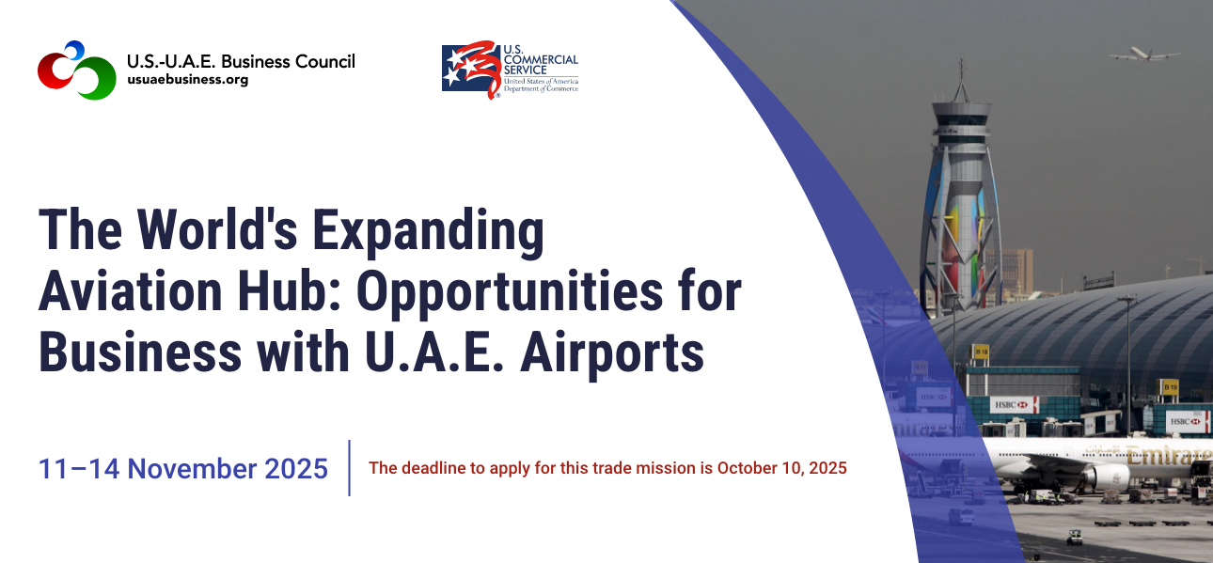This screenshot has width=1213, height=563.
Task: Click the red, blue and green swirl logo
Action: (76, 70)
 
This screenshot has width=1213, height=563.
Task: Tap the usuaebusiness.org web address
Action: (187, 80)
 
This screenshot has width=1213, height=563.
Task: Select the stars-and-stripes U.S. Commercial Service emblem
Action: (471, 70)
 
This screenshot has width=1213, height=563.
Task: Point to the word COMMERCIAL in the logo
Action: (541, 59)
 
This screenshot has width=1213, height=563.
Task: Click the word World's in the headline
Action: (216, 230)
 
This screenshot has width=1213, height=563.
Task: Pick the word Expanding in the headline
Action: (428, 233)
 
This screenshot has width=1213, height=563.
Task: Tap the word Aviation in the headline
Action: (131, 291)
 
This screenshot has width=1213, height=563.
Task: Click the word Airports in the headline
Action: (612, 354)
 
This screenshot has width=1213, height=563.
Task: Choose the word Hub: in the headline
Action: (290, 291)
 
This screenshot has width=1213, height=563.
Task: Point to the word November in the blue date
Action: (192, 469)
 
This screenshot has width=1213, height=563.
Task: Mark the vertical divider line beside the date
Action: (349, 468)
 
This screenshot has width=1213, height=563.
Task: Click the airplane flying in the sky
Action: (1144, 55)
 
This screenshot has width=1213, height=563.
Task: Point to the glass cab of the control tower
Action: (961, 123)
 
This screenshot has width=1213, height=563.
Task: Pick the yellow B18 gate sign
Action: (982, 352)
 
